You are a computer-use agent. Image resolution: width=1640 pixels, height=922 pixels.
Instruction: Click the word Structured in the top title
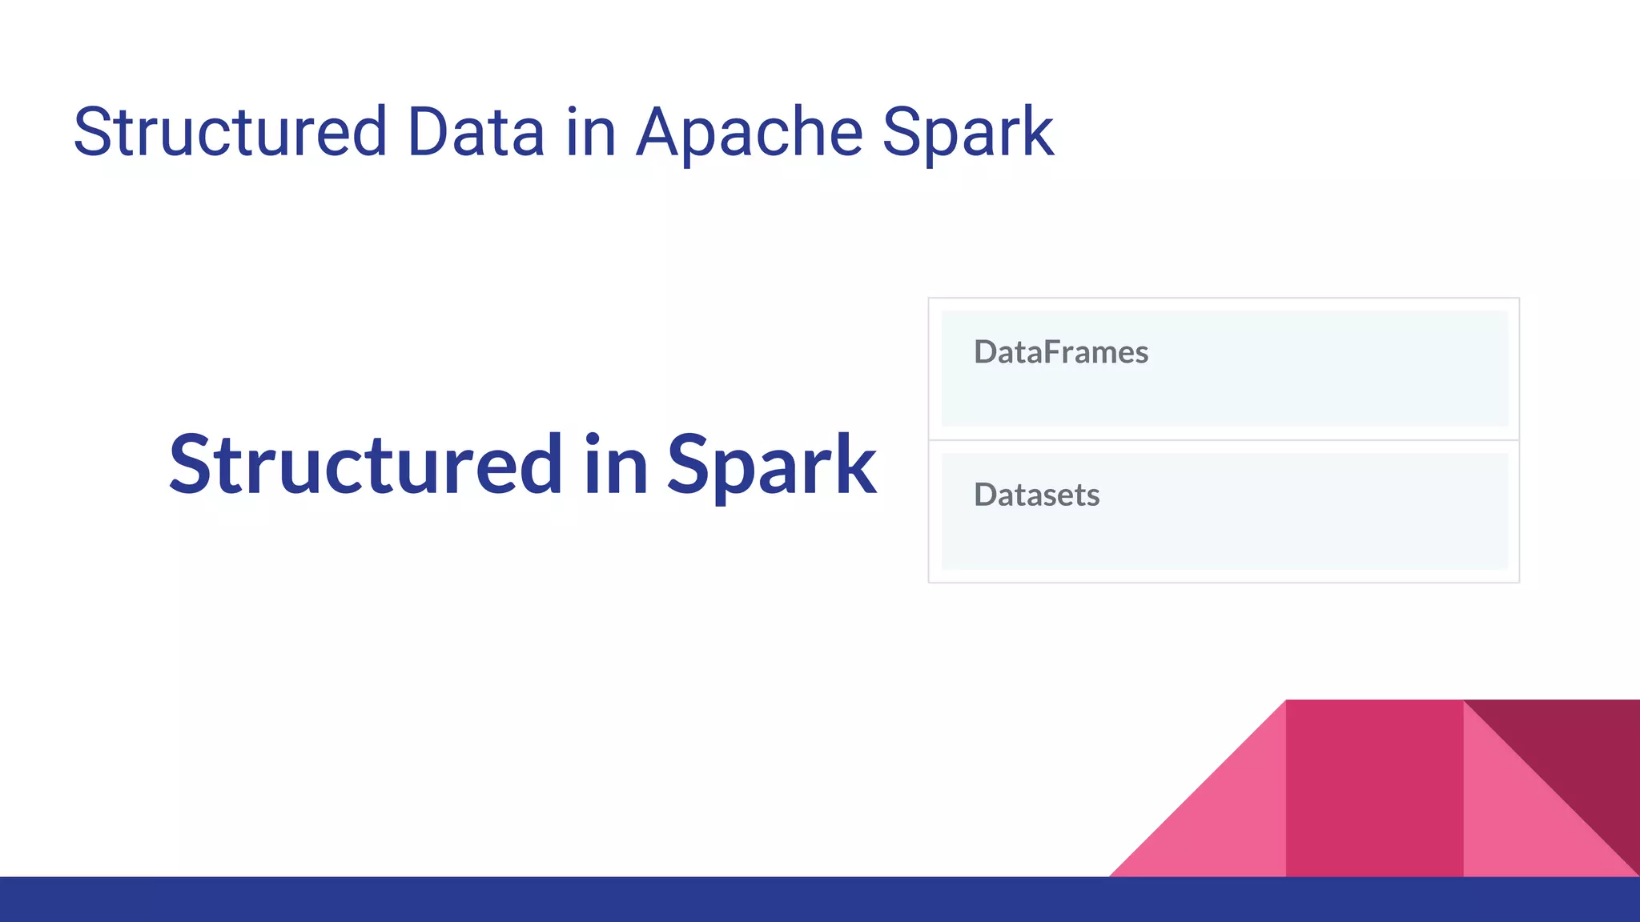[x=230, y=133]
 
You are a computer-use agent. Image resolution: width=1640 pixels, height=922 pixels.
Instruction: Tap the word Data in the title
[x=476, y=133]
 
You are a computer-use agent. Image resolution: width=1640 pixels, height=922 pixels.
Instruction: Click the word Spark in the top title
[x=967, y=133]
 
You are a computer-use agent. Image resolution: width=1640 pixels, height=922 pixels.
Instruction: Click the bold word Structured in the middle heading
[x=365, y=466]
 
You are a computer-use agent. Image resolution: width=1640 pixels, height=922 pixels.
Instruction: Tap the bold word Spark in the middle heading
[x=771, y=466]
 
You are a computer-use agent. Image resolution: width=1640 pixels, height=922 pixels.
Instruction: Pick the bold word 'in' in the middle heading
[x=615, y=466]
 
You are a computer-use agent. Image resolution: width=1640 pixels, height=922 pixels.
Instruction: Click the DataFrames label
[x=1060, y=353]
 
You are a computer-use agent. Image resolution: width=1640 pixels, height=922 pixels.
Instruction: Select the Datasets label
[x=1036, y=495]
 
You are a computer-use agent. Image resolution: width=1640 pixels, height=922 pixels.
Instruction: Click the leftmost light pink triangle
[x=1225, y=824]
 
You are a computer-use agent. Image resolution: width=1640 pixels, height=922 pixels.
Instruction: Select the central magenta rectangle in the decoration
[x=1374, y=788]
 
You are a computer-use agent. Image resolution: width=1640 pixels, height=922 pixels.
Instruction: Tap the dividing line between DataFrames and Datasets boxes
[x=1224, y=440]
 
